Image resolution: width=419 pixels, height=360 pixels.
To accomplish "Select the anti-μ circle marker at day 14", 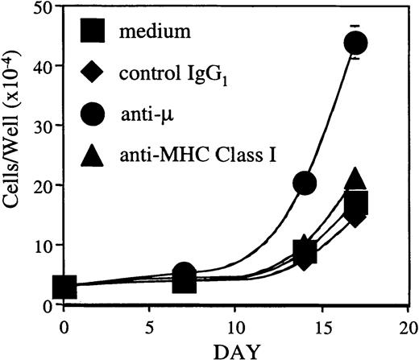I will pyautogui.click(x=305, y=183).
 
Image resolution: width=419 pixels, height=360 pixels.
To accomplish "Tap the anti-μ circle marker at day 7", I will pyautogui.click(x=185, y=273).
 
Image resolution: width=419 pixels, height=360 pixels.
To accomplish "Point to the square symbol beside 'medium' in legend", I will pyautogui.click(x=94, y=32).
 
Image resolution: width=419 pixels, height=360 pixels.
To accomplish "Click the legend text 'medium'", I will pyautogui.click(x=147, y=33).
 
